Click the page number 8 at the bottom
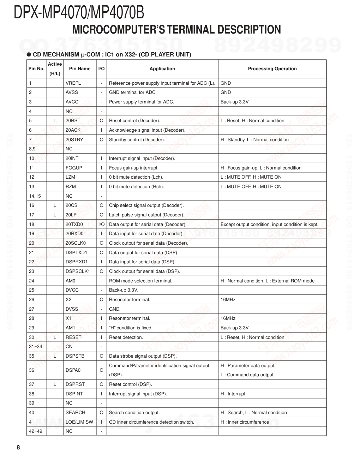click(x=18, y=448)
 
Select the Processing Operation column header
click(x=272, y=69)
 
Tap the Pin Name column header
click(x=80, y=69)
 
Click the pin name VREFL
click(x=73, y=83)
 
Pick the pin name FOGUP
click(x=74, y=168)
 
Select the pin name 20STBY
click(x=74, y=140)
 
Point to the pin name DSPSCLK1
click(x=78, y=271)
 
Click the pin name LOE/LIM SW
click(x=79, y=422)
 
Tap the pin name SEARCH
click(x=75, y=413)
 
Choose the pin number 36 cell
click(x=32, y=370)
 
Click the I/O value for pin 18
click(x=101, y=225)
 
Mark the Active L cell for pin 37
click(x=55, y=384)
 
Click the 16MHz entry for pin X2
click(x=228, y=300)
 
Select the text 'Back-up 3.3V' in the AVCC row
click(x=234, y=102)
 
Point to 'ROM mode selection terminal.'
click(x=140, y=281)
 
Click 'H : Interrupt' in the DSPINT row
click(x=233, y=394)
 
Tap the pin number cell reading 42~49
click(x=35, y=431)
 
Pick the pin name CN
click(x=69, y=347)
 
